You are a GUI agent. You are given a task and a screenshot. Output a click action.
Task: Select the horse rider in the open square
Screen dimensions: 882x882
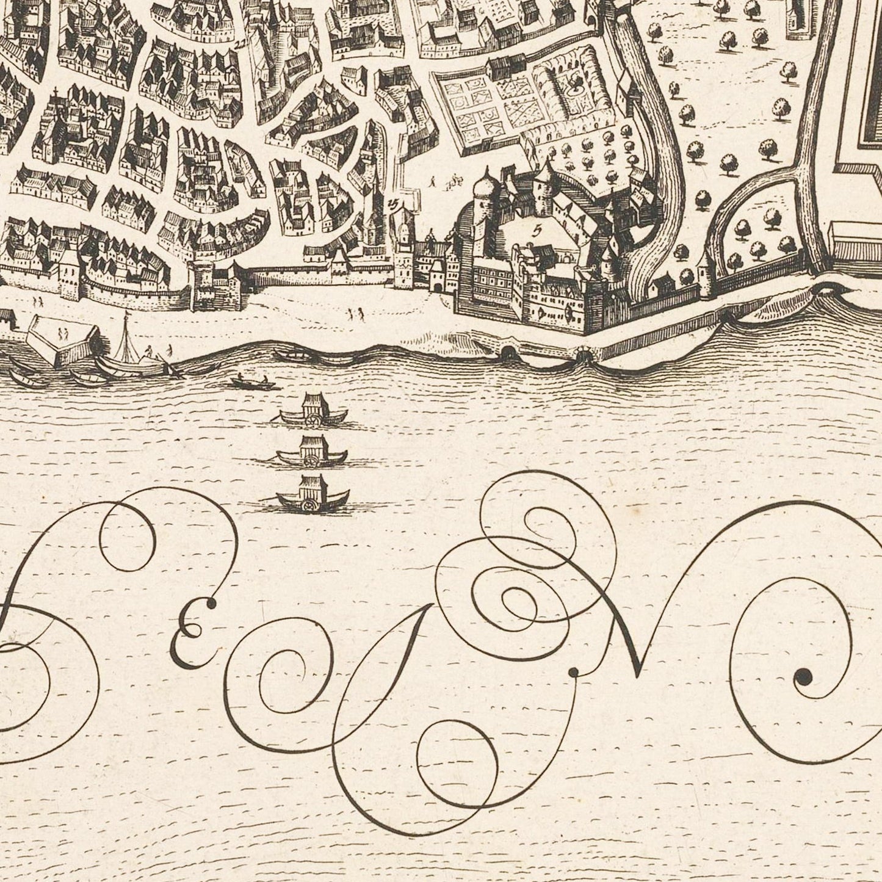point(454,179)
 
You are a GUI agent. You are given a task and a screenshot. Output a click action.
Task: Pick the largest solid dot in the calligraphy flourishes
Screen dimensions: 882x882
point(803,676)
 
